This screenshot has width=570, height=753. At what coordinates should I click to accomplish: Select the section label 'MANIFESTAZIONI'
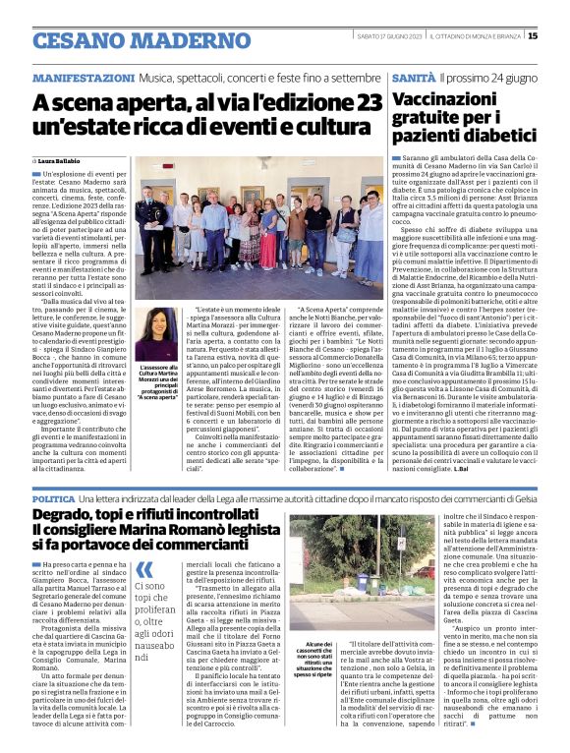click(84, 77)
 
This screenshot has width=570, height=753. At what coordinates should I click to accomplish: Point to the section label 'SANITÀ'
click(413, 77)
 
